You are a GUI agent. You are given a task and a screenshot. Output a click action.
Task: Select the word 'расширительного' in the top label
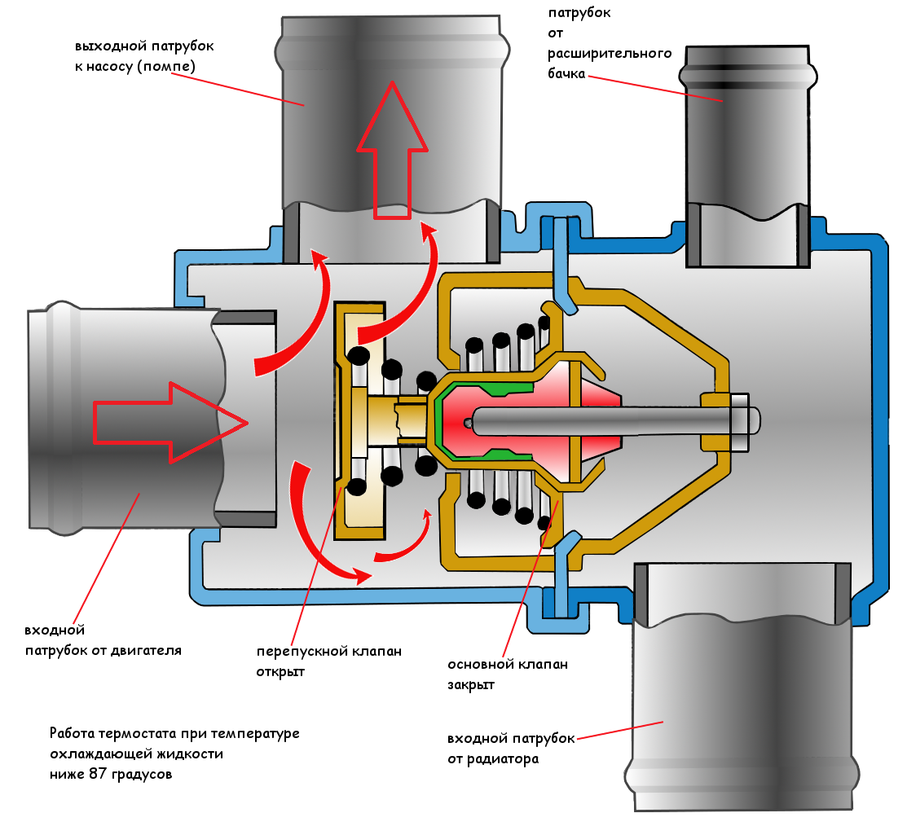pyautogui.click(x=609, y=53)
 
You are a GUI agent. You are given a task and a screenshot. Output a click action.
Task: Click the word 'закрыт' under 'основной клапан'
pyautogui.click(x=471, y=684)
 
